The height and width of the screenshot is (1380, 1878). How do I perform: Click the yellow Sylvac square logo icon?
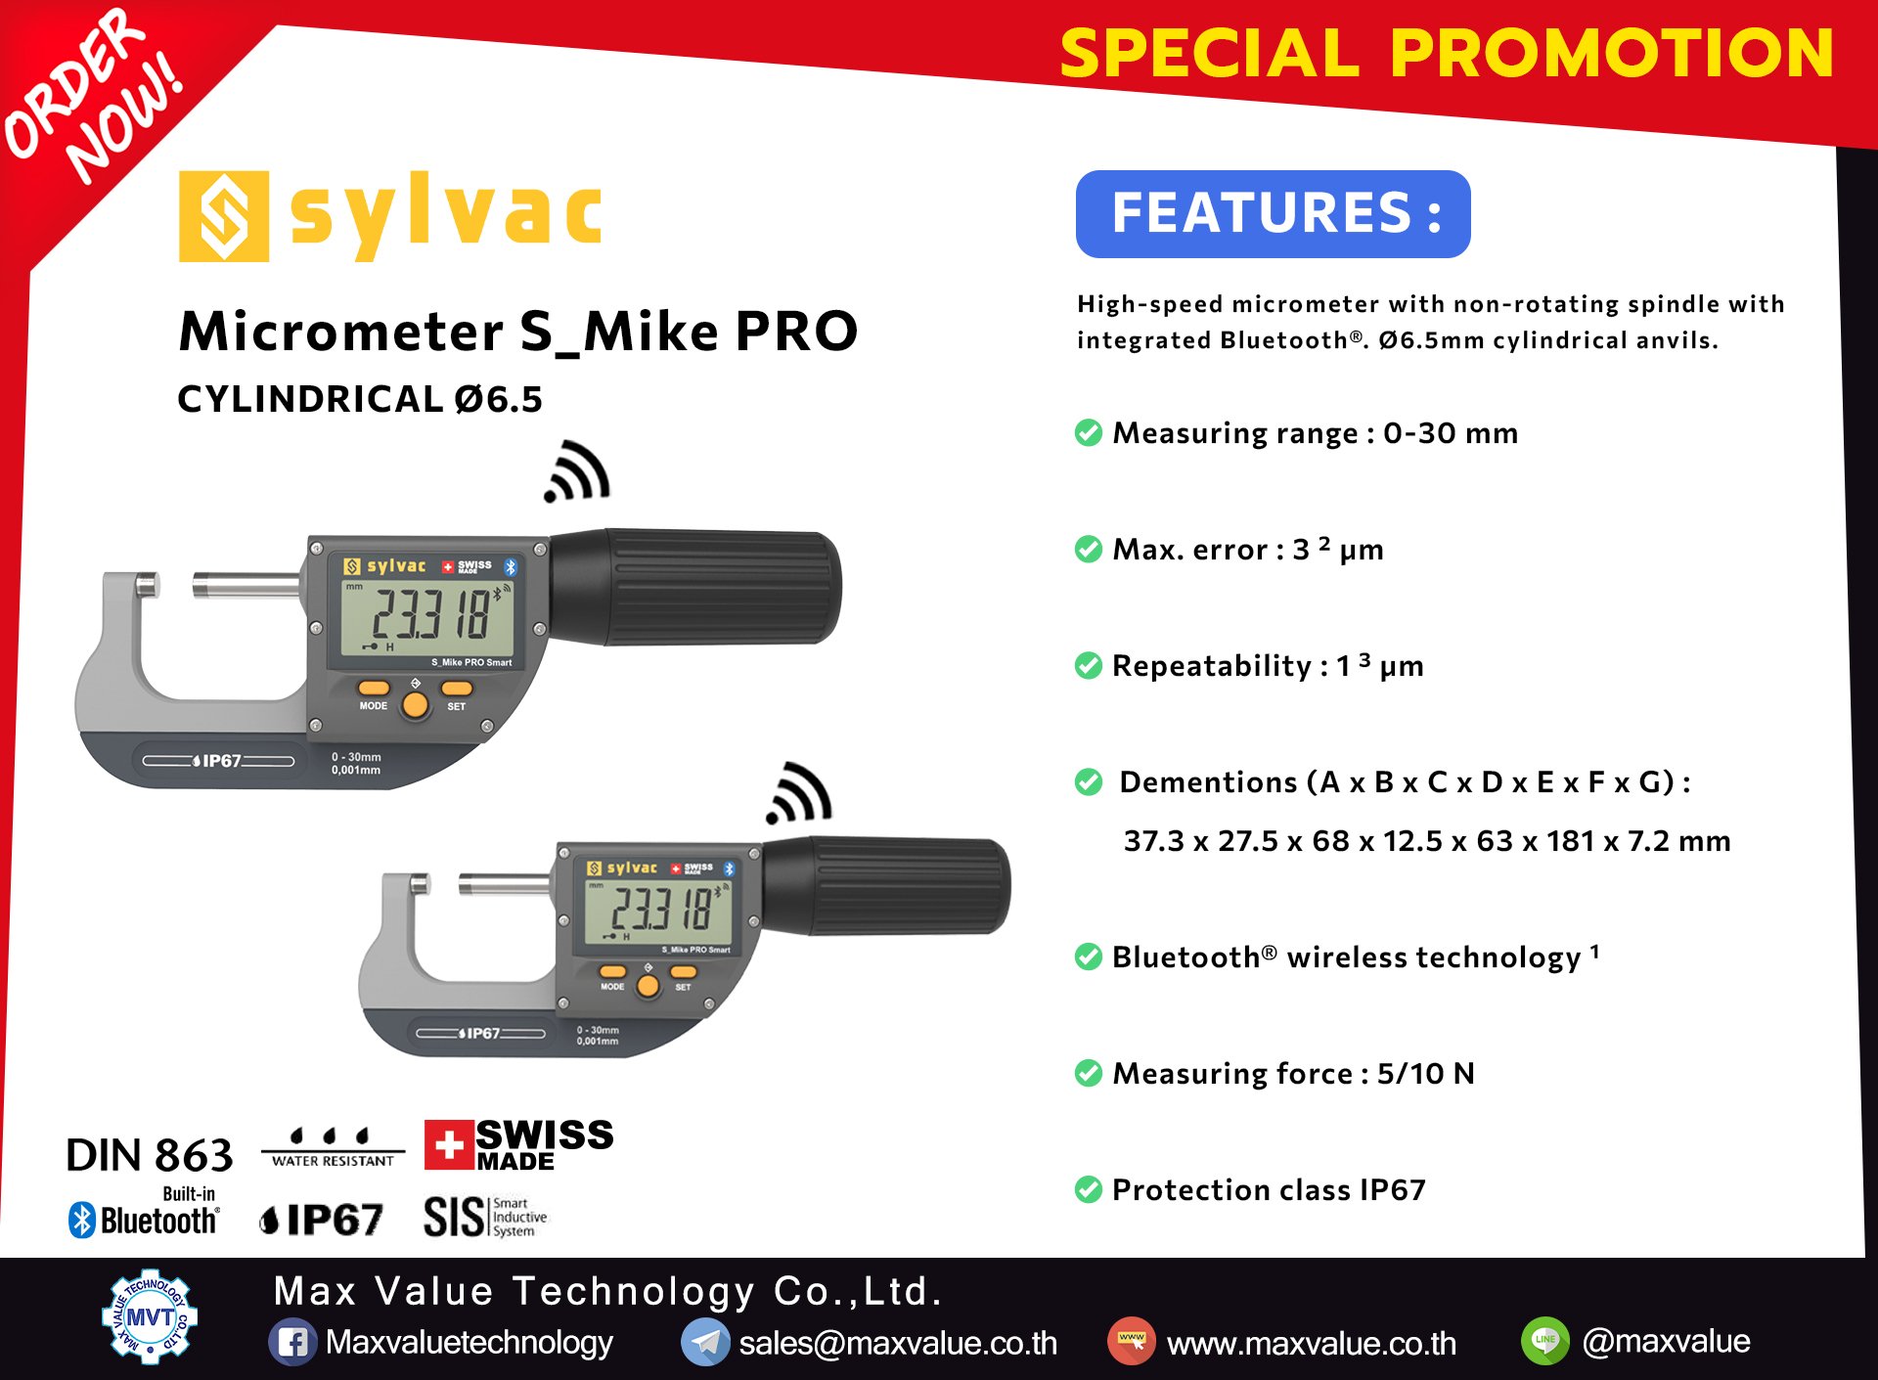coord(224,216)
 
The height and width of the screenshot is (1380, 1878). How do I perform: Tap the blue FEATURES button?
coord(1273,214)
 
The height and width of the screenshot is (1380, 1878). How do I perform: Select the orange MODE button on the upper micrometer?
coord(374,688)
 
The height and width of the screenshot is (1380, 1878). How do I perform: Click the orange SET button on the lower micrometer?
coord(684,971)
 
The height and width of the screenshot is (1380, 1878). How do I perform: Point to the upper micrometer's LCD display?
coord(427,618)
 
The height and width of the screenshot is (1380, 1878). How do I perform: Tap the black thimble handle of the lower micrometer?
coord(885,886)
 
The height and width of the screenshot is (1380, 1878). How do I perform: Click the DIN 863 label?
coord(150,1155)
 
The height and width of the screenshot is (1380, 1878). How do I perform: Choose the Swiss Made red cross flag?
coord(449,1144)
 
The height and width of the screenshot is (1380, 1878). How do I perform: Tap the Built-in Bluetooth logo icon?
coord(82,1220)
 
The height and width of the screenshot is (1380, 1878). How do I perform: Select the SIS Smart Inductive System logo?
coord(485,1217)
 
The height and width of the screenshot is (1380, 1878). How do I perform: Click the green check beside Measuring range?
coord(1089,432)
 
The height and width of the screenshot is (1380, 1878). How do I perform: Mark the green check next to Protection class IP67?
coord(1089,1189)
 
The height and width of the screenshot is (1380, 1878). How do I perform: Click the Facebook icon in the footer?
coord(292,1342)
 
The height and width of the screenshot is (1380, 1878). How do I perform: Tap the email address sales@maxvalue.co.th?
coord(898,1343)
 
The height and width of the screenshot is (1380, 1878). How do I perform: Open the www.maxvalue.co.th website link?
coord(1312,1343)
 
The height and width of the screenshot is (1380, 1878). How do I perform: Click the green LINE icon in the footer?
coord(1545,1340)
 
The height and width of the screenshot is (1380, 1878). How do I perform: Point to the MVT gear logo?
coord(150,1316)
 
